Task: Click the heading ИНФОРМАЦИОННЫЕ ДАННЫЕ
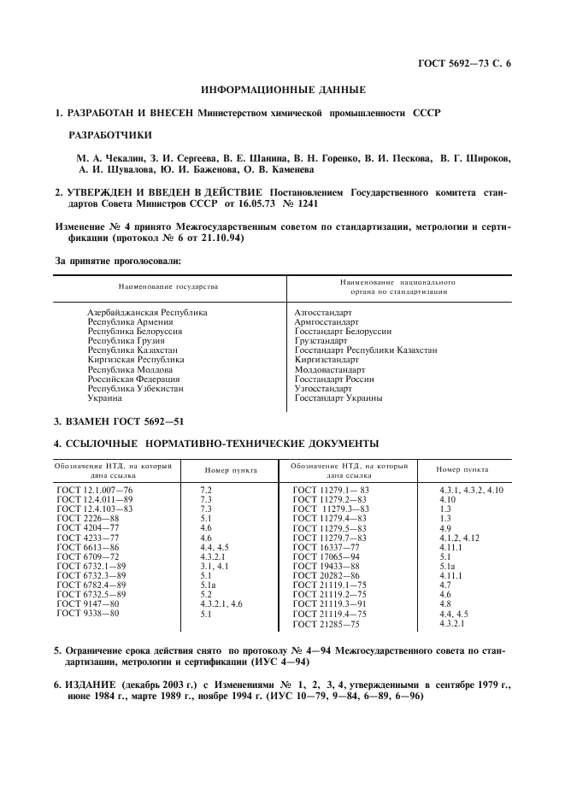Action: point(282,90)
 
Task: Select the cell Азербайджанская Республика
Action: point(147,313)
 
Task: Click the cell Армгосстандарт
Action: point(327,322)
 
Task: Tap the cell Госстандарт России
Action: point(334,379)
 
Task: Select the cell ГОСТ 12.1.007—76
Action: point(96,490)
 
